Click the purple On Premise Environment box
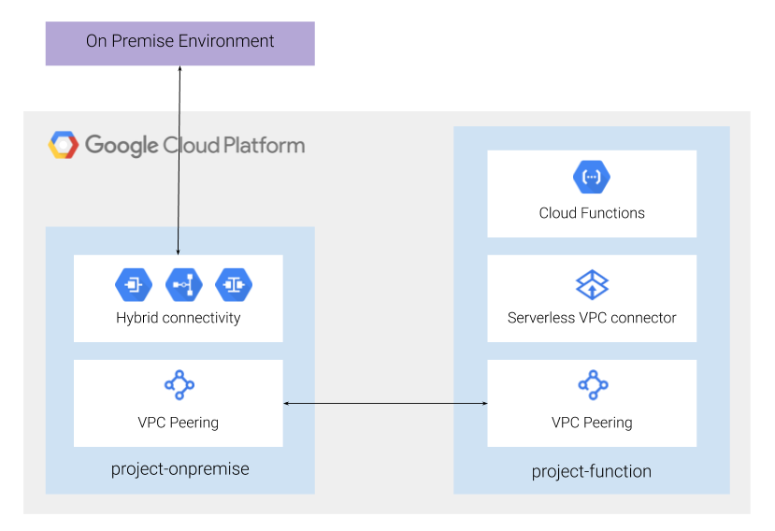[179, 43]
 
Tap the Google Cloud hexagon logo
[64, 145]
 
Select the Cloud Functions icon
[591, 176]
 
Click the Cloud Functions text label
[591, 213]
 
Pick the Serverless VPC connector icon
[591, 283]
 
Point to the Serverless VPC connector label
[591, 318]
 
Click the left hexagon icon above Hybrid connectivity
[133, 283]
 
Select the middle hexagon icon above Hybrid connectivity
[183, 283]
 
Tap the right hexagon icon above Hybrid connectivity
[234, 283]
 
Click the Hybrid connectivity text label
[178, 318]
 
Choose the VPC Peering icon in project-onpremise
[179, 384]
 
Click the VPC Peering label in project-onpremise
[178, 423]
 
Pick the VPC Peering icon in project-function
[592, 384]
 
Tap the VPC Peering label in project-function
[591, 423]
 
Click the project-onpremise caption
[179, 469]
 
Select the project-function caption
[591, 471]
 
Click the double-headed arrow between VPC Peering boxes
[385, 403]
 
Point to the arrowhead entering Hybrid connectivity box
[179, 251]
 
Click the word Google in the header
[122, 146]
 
